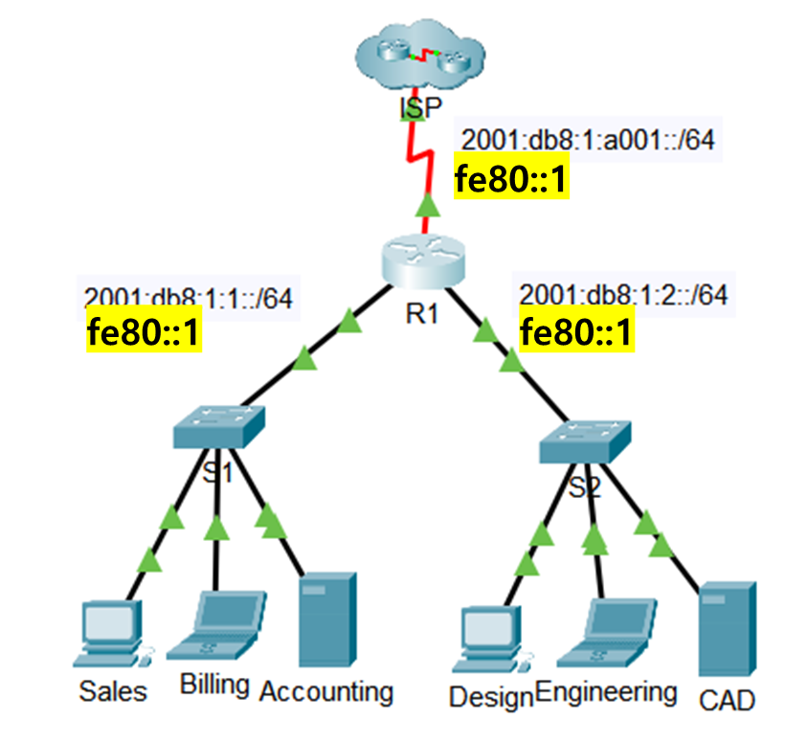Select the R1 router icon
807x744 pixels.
click(x=423, y=259)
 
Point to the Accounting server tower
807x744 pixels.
click(x=327, y=619)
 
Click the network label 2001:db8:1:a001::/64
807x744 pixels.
click(x=588, y=140)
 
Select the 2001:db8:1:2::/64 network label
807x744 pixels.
click(x=621, y=295)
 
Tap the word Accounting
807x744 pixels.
click(x=326, y=690)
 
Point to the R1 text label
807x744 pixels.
click(x=421, y=312)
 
